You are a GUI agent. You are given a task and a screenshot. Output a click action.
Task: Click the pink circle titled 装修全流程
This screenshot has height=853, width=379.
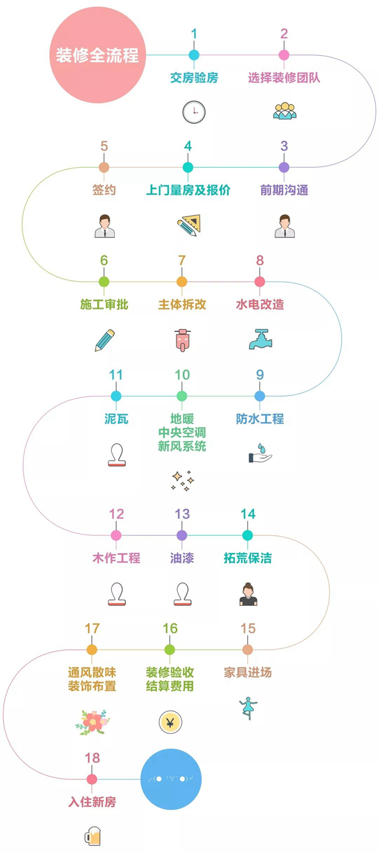click(x=98, y=55)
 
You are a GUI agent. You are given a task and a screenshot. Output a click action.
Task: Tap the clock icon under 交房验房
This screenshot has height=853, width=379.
click(x=194, y=111)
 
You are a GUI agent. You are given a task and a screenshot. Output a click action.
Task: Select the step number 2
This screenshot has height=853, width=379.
click(x=284, y=33)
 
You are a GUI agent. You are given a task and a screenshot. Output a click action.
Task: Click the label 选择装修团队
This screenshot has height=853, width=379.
click(x=284, y=77)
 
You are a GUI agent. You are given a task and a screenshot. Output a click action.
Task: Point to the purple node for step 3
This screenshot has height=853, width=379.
click(x=284, y=167)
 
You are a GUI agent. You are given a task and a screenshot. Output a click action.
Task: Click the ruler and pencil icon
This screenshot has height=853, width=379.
click(x=188, y=226)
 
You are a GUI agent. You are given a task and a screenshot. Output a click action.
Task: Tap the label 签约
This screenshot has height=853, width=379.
click(x=104, y=190)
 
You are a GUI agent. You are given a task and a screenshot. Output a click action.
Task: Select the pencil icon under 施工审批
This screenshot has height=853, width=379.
click(x=105, y=340)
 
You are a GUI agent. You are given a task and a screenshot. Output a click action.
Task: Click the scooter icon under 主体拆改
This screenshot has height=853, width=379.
click(x=182, y=341)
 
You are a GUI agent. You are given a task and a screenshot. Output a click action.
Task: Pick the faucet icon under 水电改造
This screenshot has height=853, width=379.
click(x=260, y=340)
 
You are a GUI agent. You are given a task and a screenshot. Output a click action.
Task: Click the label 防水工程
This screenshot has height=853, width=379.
click(x=259, y=419)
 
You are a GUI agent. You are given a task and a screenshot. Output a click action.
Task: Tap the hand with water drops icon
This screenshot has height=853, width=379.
click(x=259, y=453)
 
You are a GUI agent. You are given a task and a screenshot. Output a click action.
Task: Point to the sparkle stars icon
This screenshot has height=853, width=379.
click(x=182, y=480)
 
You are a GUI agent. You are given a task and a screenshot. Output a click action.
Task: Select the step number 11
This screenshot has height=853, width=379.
click(x=116, y=375)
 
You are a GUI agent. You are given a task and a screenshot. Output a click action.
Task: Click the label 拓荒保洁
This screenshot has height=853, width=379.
click(x=248, y=558)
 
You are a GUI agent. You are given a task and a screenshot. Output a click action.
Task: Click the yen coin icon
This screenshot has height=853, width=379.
click(x=170, y=722)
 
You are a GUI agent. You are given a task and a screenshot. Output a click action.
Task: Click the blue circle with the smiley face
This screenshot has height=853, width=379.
click(x=175, y=779)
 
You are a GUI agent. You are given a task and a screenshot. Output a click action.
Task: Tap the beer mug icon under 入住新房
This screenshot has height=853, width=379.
click(x=92, y=836)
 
